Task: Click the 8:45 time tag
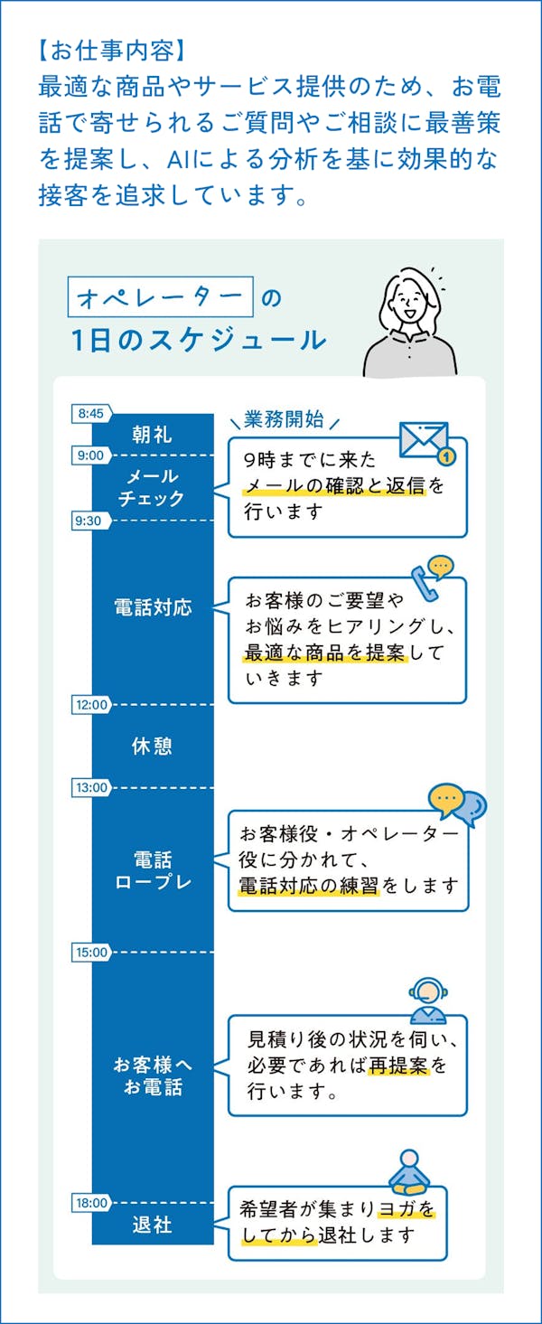(x=91, y=414)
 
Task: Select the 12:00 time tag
(x=91, y=705)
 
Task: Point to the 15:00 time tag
(x=91, y=952)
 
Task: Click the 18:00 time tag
(x=91, y=1203)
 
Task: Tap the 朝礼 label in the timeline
(x=152, y=435)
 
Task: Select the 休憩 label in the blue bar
(x=152, y=747)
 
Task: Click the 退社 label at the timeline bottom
(x=152, y=1226)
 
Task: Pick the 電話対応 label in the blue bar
(x=153, y=607)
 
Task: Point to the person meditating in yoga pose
(x=411, y=1172)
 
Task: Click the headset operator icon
(x=426, y=1000)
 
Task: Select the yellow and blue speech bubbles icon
(x=457, y=803)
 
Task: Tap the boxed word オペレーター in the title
(x=159, y=297)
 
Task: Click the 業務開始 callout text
(x=284, y=418)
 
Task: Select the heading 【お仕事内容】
(x=112, y=47)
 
